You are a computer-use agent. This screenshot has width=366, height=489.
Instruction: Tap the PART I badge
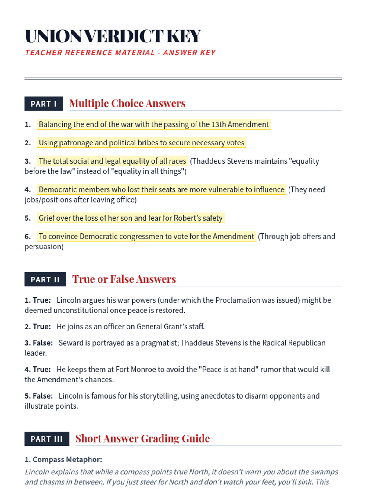pos(44,104)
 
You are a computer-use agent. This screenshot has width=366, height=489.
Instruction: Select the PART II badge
pos(45,279)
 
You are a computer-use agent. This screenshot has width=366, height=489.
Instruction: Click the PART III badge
pos(47,439)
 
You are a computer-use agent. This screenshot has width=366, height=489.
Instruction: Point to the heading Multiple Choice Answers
pos(127,104)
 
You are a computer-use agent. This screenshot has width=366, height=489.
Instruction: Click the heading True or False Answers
pos(124,279)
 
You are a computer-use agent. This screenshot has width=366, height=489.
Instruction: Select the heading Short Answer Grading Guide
pos(142,439)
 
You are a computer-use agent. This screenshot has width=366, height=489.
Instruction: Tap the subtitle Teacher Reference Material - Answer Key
pos(120,53)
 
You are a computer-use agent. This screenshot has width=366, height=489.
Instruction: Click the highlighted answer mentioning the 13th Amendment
pos(154,124)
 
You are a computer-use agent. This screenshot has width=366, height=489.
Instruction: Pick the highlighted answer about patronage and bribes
pos(141,143)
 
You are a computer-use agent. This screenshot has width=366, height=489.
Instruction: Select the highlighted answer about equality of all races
pos(112,161)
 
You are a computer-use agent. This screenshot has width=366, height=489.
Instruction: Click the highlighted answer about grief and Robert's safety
pos(131,218)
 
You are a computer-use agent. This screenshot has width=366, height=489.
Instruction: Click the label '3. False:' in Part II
pos(39,343)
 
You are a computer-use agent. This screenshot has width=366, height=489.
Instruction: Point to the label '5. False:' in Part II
pos(39,396)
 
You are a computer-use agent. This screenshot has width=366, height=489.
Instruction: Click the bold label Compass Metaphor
pos(67,460)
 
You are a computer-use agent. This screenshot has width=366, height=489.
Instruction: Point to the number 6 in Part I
pos(27,237)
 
